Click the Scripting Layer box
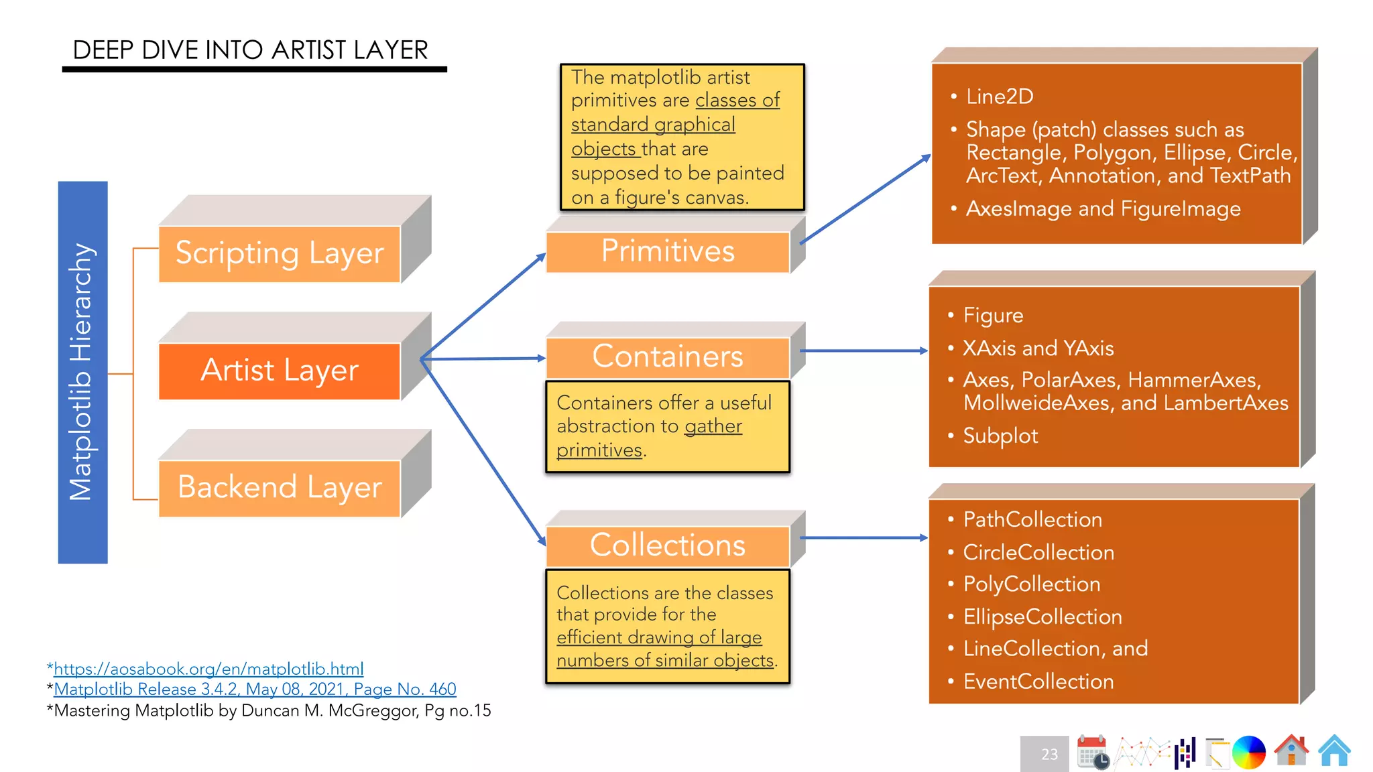click(280, 254)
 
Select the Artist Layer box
click(280, 371)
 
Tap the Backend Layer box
click(280, 488)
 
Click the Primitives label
click(668, 252)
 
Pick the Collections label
click(668, 545)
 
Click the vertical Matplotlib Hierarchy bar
click(82, 372)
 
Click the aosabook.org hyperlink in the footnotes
click(208, 669)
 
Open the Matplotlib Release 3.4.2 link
click(255, 690)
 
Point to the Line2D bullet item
click(999, 97)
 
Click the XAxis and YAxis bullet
click(1038, 348)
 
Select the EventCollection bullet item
click(1038, 682)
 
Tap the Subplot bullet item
click(1000, 436)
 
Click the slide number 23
click(1049, 755)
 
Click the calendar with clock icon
click(1093, 752)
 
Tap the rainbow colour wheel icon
click(1248, 752)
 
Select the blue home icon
click(1334, 751)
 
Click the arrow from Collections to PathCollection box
click(863, 537)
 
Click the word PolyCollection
click(1031, 584)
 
